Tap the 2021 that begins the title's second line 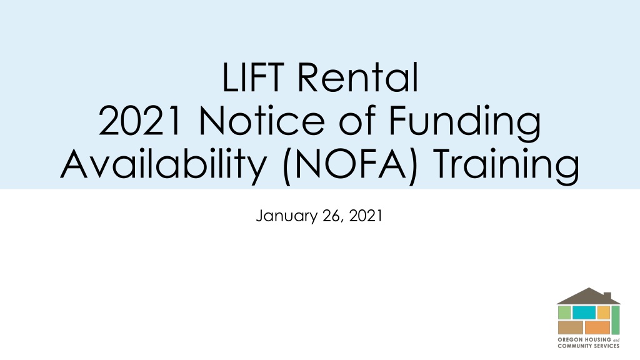coord(139,121)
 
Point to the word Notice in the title coord(262,121)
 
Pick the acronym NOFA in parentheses coord(350,164)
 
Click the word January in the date coord(286,216)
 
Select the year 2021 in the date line coord(365,216)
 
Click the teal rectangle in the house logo coord(584,312)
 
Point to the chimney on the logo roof coord(607,296)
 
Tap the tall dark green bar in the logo coord(616,320)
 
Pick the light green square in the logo coord(564,312)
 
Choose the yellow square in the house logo coord(603,312)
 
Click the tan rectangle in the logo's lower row coord(570,327)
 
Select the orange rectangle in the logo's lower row coord(597,327)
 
